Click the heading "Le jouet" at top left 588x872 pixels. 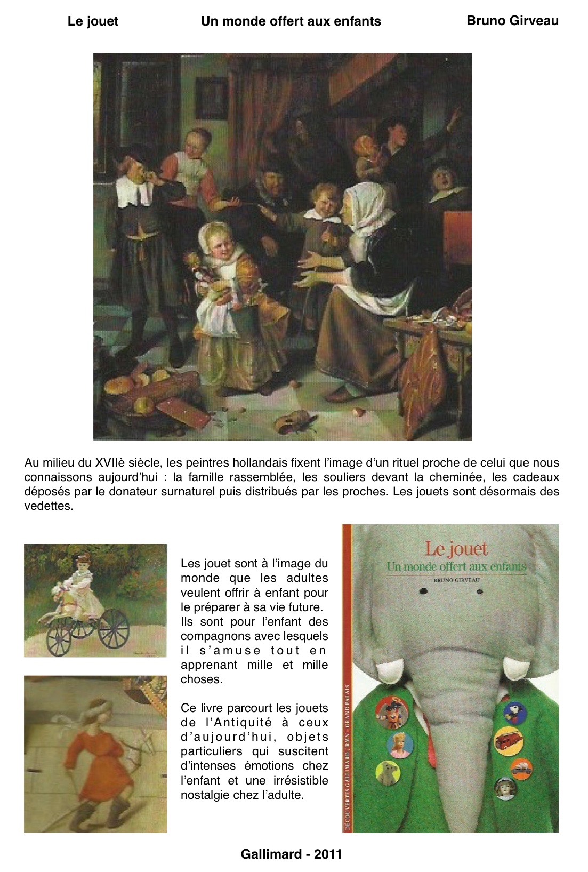tap(93, 21)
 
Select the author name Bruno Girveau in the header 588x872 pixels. tap(512, 21)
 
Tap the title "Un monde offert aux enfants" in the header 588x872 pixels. tap(291, 21)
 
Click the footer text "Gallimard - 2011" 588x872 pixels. tap(291, 854)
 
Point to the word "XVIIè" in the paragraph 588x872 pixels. tap(111, 462)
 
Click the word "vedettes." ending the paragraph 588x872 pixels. tap(49, 506)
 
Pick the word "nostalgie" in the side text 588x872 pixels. tap(206, 795)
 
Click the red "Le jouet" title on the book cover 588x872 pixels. tap(456, 549)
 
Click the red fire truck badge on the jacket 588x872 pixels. tap(507, 741)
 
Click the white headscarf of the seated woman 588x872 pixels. tap(366, 205)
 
